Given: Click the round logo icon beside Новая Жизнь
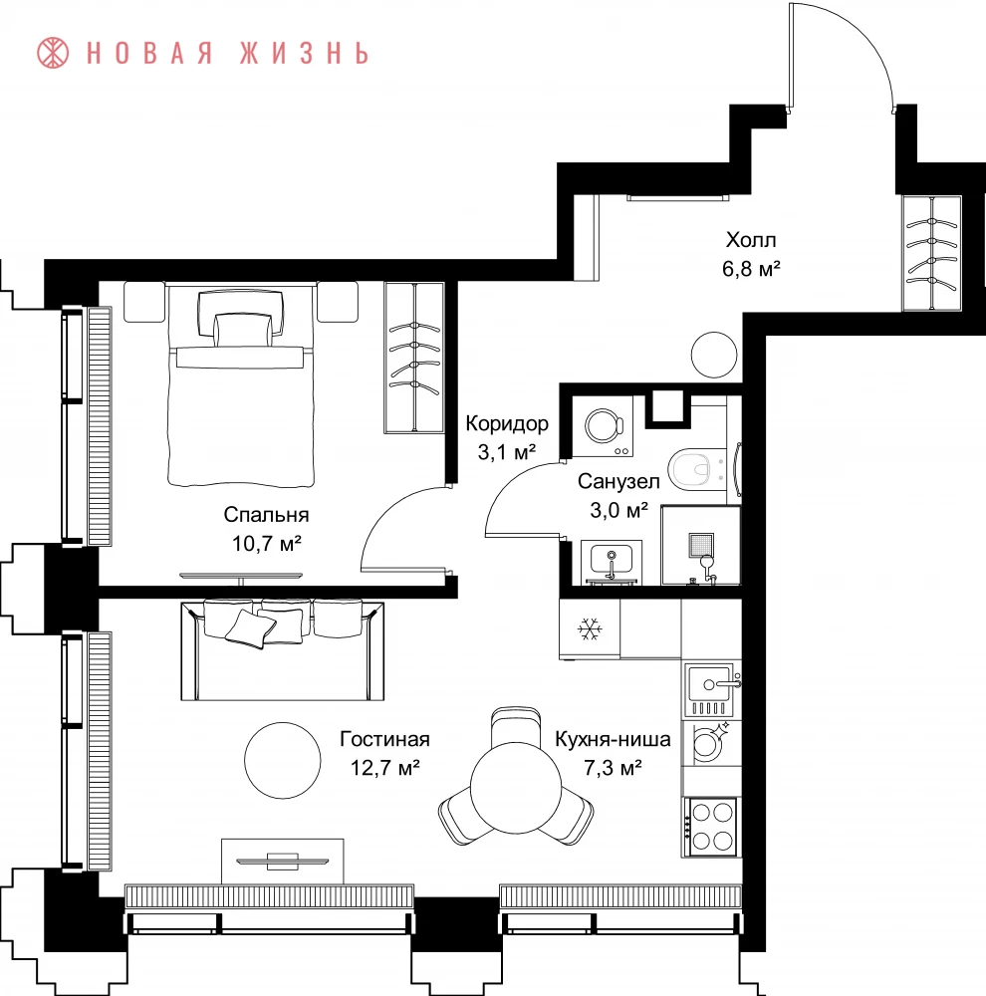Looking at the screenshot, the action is pos(53,53).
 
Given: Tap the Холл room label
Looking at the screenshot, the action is pos(751,240).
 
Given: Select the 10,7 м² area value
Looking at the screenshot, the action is pos(266,544).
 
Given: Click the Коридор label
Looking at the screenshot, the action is pos(507,423).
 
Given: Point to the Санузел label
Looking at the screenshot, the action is pos(618,481).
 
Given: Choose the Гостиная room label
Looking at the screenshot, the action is pos(385,739).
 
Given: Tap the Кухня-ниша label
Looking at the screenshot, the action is pos(614,739).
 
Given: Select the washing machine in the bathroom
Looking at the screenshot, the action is pos(603,426).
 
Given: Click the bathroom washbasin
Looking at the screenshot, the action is pos(612,562).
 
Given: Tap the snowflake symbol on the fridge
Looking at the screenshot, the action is pos(590,629).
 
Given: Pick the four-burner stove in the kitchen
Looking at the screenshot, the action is pos(711,827).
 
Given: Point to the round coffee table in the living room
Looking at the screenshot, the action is pos(283,760).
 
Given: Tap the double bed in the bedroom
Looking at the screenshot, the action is pos(241,386).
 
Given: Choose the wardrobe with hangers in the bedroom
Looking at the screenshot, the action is pos(414,359).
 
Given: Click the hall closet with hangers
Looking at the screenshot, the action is pos(932,253).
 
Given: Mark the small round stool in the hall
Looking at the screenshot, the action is pos(714,356).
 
